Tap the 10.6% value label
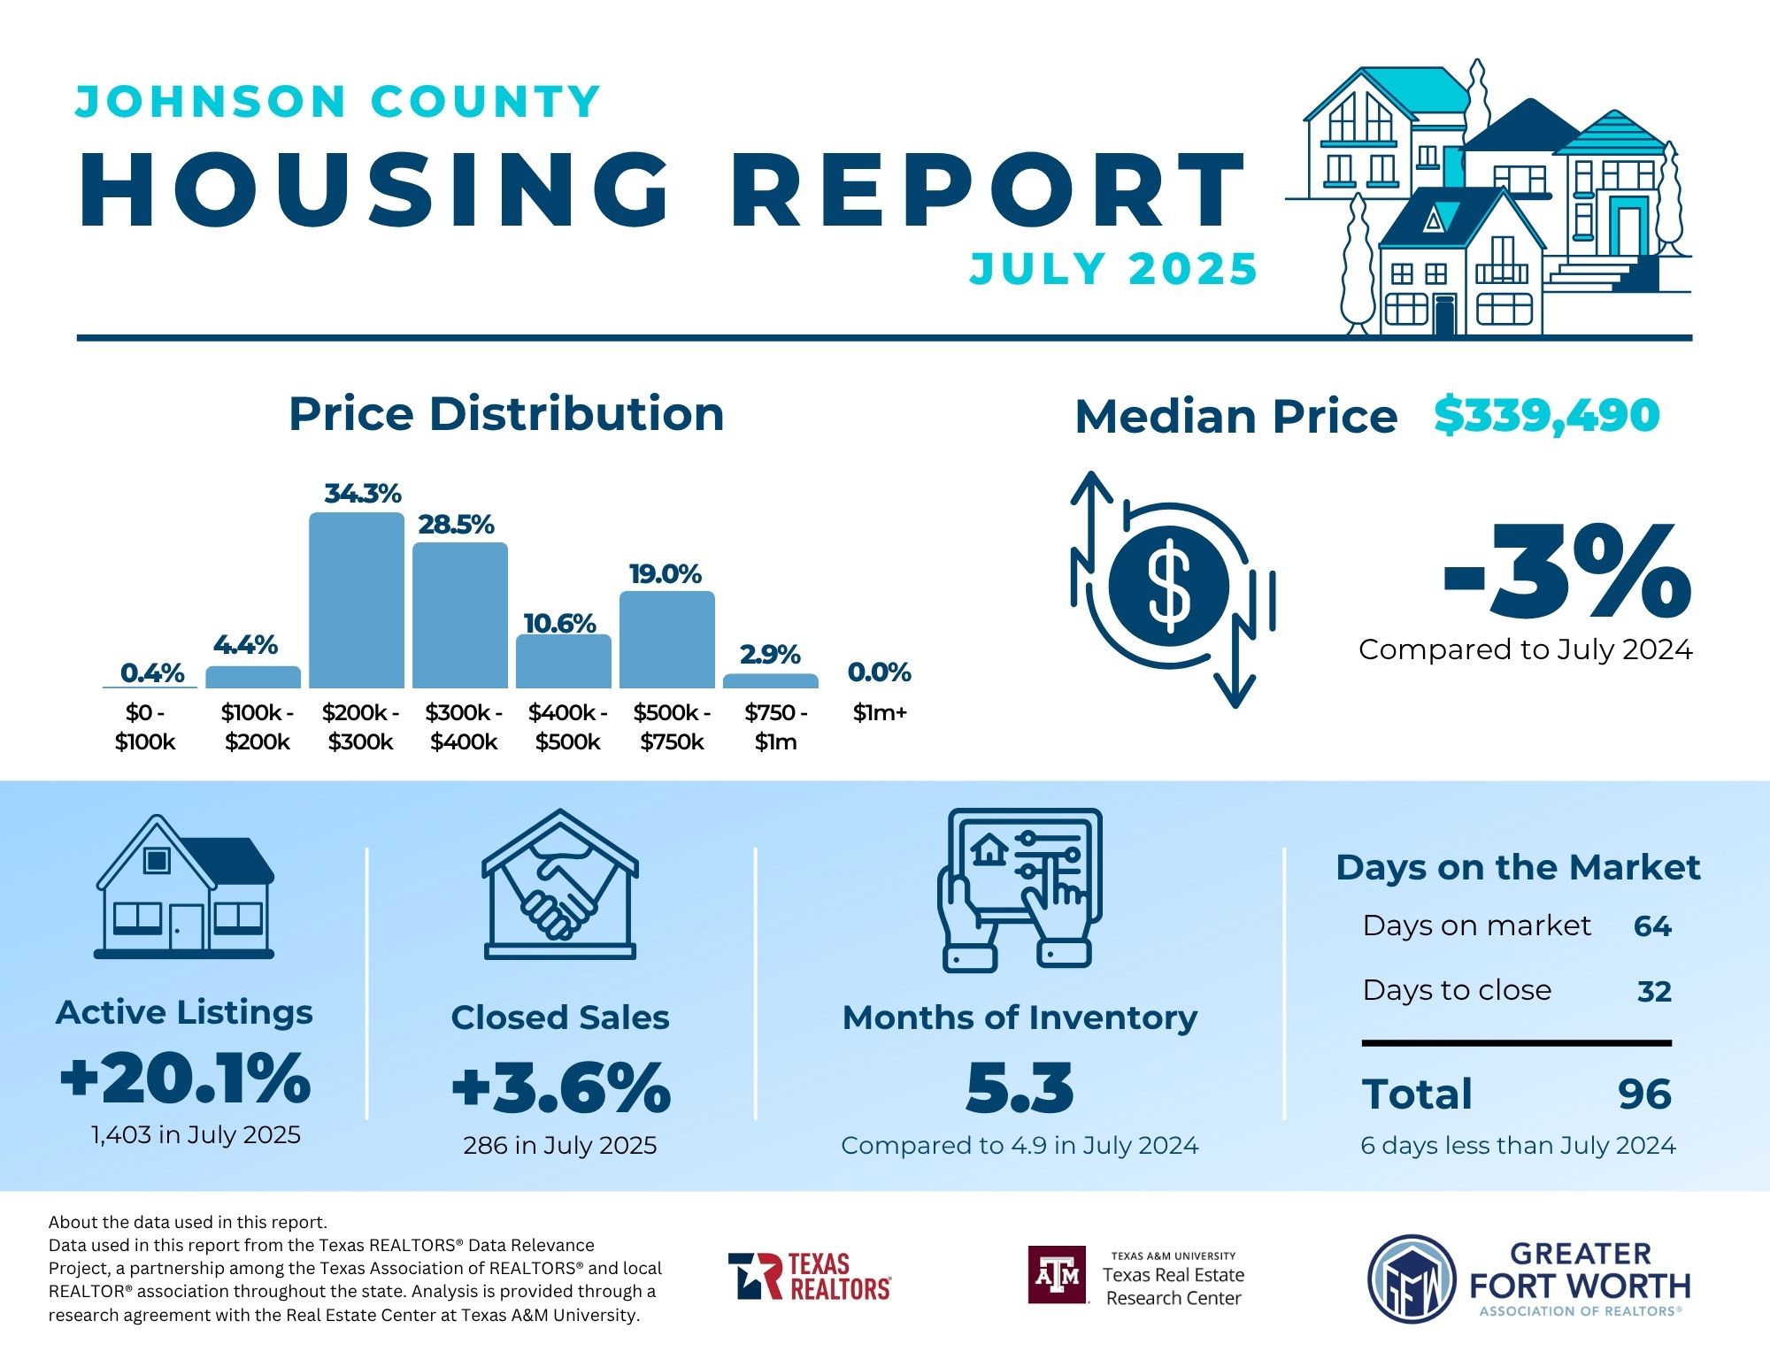[x=559, y=623]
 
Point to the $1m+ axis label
[x=880, y=712]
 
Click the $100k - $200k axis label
[x=257, y=726]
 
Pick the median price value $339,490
[x=1546, y=415]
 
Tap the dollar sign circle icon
[x=1168, y=585]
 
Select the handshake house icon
[x=560, y=885]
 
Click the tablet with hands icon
[x=1020, y=889]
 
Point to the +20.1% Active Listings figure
[x=186, y=1079]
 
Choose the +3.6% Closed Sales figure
[x=561, y=1088]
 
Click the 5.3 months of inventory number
[x=1020, y=1088]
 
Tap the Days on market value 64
[x=1652, y=925]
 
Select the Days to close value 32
[x=1654, y=991]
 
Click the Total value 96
[x=1644, y=1094]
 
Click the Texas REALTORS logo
[x=809, y=1276]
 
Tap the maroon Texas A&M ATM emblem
[x=1057, y=1275]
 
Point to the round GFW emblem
[x=1412, y=1279]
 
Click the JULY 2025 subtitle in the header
[x=1112, y=269]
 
